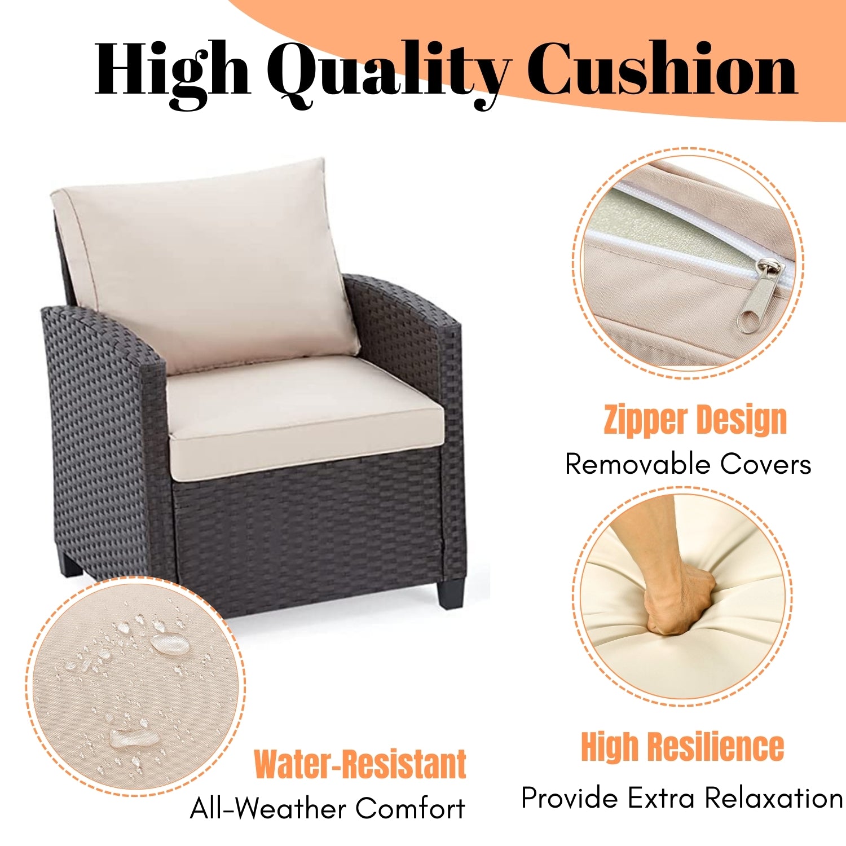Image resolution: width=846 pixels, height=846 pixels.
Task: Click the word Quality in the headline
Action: (389, 70)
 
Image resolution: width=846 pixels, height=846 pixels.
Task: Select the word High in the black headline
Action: (172, 70)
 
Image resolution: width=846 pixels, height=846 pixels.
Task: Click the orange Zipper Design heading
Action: (695, 420)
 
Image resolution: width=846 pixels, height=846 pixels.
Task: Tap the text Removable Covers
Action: (688, 464)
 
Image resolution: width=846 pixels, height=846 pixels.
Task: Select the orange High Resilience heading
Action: (682, 747)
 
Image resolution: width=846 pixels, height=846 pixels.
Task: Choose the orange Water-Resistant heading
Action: (360, 764)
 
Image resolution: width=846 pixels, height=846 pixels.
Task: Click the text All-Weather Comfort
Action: (327, 808)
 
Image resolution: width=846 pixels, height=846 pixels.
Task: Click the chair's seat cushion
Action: (305, 417)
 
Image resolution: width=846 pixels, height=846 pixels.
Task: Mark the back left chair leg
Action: (71, 564)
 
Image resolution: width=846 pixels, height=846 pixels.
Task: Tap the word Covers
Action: (765, 464)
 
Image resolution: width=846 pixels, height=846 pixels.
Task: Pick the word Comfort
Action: (410, 808)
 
